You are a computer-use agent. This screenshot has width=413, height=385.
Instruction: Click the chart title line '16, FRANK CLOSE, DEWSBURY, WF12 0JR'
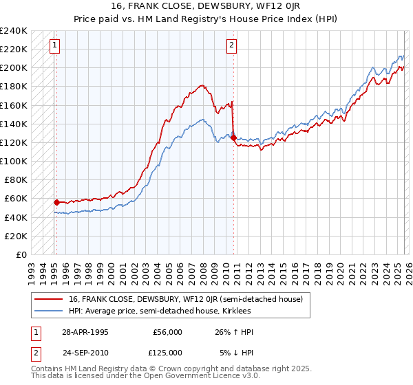point(206,5)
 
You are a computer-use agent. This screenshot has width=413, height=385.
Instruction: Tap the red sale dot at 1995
point(56,202)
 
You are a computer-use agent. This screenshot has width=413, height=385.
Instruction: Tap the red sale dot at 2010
point(234,138)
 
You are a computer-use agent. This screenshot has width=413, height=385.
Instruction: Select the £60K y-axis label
point(16,199)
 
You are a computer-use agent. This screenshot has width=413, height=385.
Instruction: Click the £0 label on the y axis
point(22,254)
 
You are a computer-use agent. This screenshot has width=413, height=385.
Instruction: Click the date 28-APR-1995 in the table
point(85,332)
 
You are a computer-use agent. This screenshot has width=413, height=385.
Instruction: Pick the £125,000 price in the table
point(168,352)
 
